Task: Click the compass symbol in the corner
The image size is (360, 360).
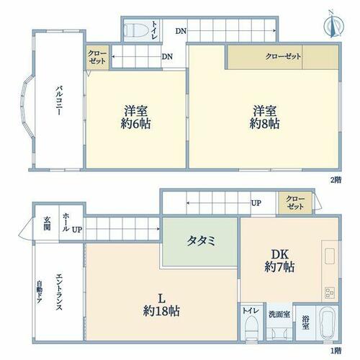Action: [x=334, y=25]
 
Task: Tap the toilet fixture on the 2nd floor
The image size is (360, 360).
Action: [x=135, y=30]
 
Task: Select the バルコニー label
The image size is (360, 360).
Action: [x=59, y=100]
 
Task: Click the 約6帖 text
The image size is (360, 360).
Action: [x=135, y=125]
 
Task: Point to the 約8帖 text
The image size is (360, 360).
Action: [x=264, y=125]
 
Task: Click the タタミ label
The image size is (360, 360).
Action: [x=201, y=240]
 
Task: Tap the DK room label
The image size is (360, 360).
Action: [x=279, y=254]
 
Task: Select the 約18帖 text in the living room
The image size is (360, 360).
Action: [x=161, y=311]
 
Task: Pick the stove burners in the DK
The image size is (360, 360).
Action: [x=330, y=293]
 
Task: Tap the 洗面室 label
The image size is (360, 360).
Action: [x=279, y=315]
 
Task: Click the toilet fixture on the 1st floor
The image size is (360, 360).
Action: [x=251, y=328]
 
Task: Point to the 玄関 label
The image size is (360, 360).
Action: [x=47, y=223]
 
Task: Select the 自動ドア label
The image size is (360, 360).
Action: [x=40, y=292]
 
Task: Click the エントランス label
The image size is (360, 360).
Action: [x=59, y=292]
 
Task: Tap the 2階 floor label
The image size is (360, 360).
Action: [x=336, y=180]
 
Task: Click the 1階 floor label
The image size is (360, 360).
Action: [x=336, y=351]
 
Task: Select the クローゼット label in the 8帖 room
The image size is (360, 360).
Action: [x=283, y=56]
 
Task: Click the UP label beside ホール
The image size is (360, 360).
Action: [x=77, y=230]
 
